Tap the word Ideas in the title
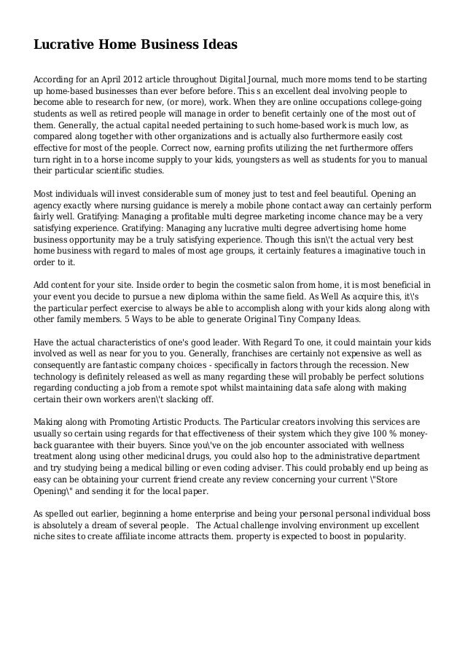point(216,44)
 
